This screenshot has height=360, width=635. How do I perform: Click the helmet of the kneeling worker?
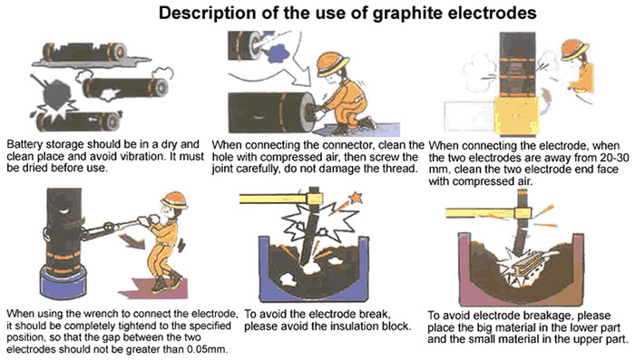pyautogui.click(x=333, y=63)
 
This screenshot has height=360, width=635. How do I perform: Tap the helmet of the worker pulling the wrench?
pyautogui.click(x=174, y=199)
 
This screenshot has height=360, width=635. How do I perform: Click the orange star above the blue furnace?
pyautogui.click(x=356, y=198)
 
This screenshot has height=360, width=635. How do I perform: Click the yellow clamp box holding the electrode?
pyautogui.click(x=517, y=117)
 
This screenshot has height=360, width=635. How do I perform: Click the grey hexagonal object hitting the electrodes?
pyautogui.click(x=55, y=94)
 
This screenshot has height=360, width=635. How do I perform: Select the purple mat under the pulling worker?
pyautogui.click(x=155, y=288)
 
